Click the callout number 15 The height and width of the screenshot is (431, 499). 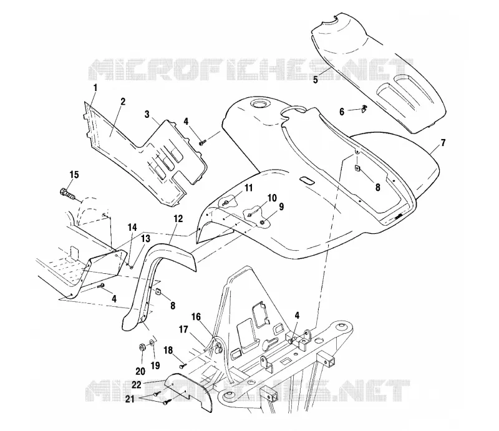pos(74,175)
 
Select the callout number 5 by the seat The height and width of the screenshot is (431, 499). pos(316,80)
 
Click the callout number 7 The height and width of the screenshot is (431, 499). pos(443,143)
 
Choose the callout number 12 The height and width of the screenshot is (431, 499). pos(178,218)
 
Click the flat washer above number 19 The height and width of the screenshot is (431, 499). pos(152,343)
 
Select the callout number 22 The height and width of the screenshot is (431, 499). pos(137,385)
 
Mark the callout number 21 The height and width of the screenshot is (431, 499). pos(130,399)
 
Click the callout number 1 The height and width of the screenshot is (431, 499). pos(95,87)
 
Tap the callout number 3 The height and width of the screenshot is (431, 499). pos(147,114)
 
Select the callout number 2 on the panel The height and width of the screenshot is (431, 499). pos(123,102)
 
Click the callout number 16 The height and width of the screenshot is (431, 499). pos(196,317)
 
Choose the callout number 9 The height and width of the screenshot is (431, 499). pos(281,207)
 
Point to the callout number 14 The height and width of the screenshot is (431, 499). pos(132,227)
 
